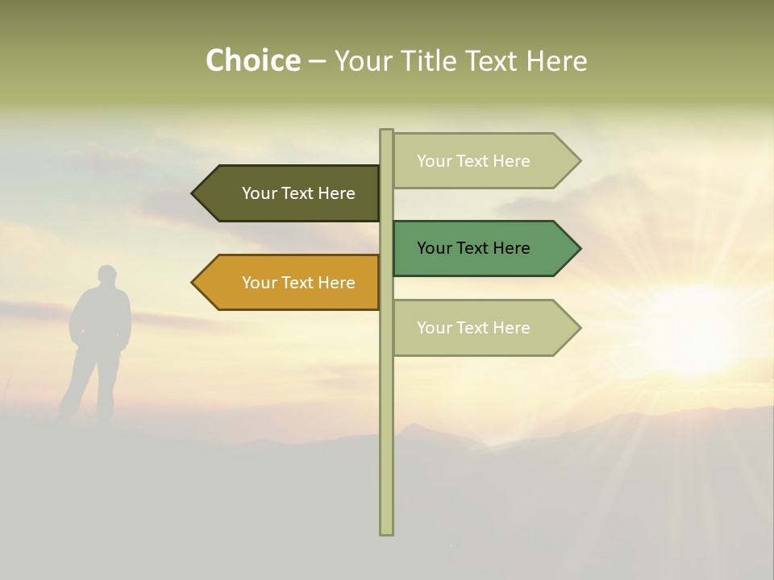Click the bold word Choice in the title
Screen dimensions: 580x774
click(252, 61)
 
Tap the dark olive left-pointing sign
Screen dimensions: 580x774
click(290, 193)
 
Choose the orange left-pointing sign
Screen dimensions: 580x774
click(290, 283)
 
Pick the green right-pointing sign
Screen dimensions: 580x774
click(480, 248)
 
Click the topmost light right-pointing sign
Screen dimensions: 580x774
click(480, 161)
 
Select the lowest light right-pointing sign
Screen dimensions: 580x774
click(480, 328)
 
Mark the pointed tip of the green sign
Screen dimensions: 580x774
click(579, 248)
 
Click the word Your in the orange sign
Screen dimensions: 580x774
click(258, 283)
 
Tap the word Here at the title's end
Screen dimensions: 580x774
click(556, 61)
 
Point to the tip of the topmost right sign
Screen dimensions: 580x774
click(579, 161)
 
